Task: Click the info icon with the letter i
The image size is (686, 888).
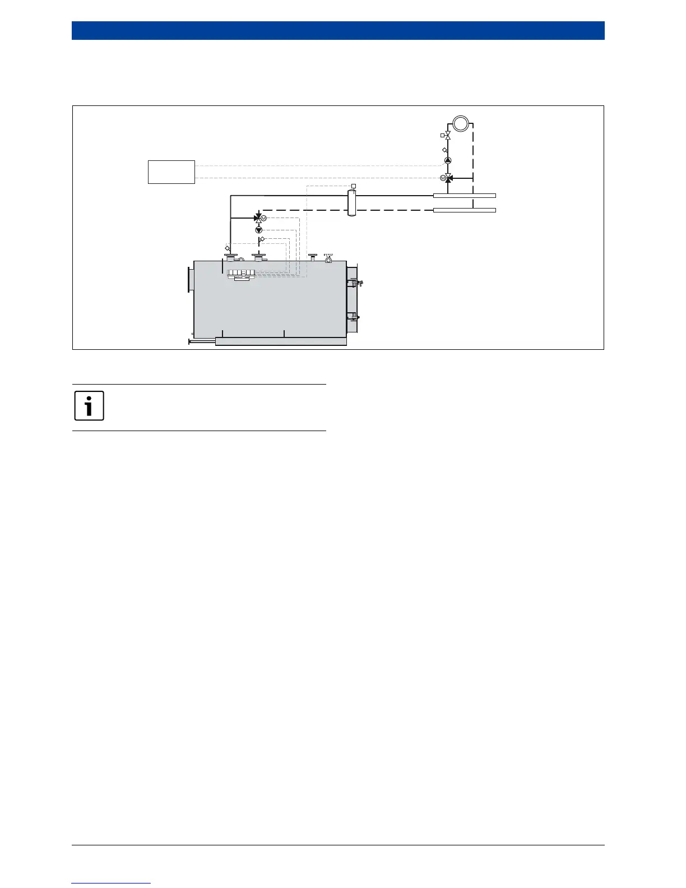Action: [x=89, y=405]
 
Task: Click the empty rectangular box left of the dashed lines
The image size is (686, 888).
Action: [x=171, y=172]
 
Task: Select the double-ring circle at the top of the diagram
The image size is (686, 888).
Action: [x=461, y=123]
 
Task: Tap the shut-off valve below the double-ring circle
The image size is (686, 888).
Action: [x=448, y=136]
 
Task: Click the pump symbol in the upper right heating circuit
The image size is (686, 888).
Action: [x=448, y=160]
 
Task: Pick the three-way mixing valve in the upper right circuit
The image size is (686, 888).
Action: [x=448, y=178]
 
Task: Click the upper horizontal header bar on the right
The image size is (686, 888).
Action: [x=465, y=196]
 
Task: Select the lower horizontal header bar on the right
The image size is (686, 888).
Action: [x=465, y=210]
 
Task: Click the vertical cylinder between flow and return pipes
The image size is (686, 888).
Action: [x=352, y=203]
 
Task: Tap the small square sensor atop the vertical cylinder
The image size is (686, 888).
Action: [x=353, y=186]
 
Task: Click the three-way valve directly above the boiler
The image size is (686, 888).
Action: [x=258, y=218]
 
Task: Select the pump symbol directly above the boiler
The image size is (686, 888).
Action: [x=258, y=230]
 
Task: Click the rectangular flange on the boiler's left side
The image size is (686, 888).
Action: [x=189, y=279]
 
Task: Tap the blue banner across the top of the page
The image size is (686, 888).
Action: [x=338, y=30]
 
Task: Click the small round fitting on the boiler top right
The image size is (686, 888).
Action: [x=328, y=259]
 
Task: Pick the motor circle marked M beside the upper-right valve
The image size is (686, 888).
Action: [x=442, y=178]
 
